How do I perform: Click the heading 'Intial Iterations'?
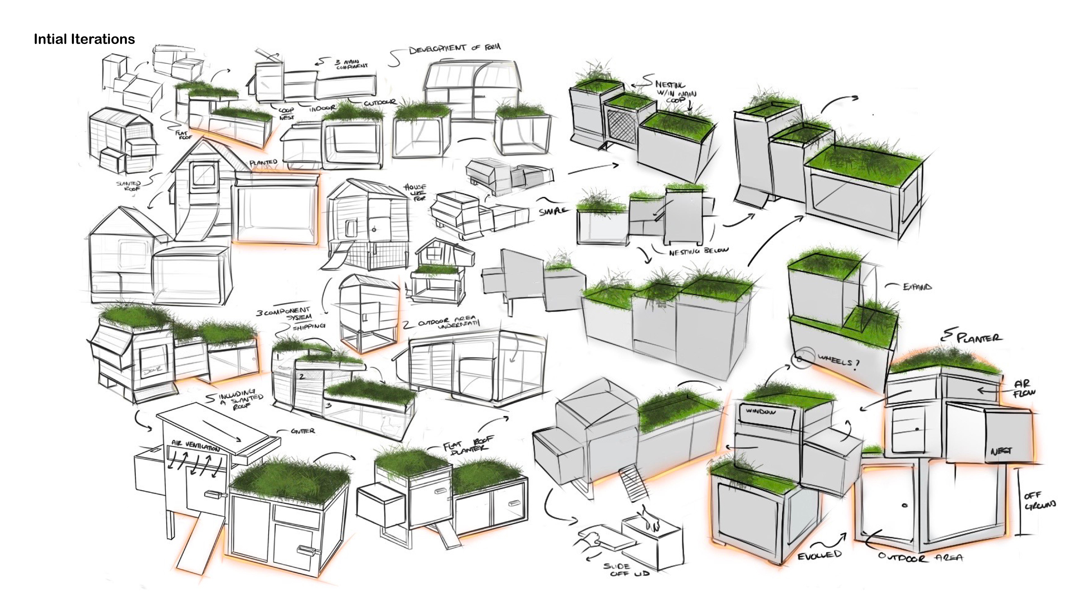[84, 39]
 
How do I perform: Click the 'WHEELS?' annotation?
[838, 362]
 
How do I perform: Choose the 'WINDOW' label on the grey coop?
[761, 411]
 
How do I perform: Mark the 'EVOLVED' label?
[819, 555]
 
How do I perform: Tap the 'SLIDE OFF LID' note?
[625, 570]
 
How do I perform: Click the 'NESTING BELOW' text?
[698, 251]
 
